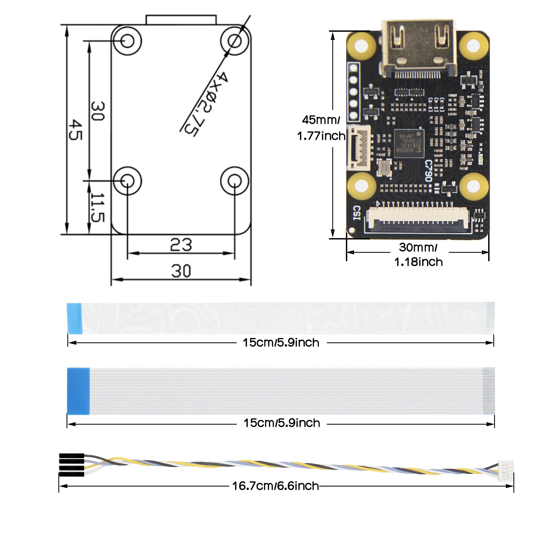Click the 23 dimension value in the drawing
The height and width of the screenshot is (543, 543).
click(x=181, y=245)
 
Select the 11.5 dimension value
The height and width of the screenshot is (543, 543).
click(x=97, y=207)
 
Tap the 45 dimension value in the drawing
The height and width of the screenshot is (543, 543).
click(x=75, y=130)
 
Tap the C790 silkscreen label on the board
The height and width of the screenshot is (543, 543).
click(x=428, y=171)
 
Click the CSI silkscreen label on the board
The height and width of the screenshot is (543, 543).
click(x=357, y=213)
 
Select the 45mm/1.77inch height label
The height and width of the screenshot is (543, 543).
click(x=321, y=128)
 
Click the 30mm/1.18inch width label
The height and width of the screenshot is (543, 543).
click(x=418, y=255)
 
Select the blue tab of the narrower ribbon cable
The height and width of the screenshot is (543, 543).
click(x=74, y=318)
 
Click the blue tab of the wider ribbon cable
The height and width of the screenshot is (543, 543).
click(x=78, y=391)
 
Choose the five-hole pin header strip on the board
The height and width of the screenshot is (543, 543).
click(x=354, y=92)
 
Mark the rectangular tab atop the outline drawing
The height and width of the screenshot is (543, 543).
click(x=181, y=20)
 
